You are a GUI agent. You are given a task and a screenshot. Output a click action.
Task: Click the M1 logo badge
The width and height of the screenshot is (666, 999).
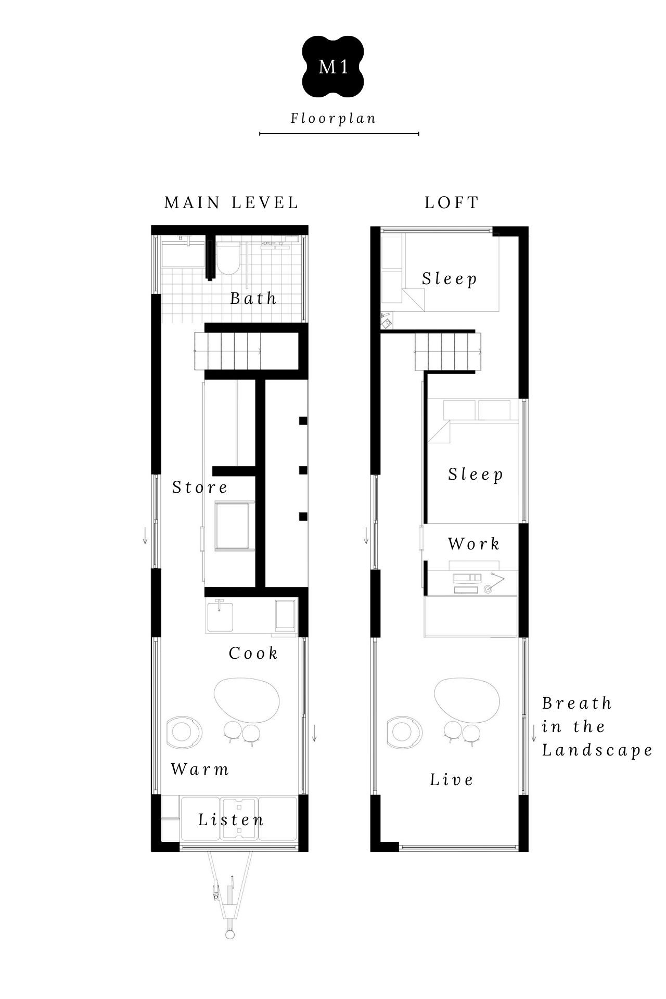(333, 67)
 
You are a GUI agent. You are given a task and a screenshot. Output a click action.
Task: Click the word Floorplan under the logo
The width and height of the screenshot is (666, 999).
(334, 119)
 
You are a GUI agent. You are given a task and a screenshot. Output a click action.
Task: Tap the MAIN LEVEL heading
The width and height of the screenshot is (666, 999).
(232, 203)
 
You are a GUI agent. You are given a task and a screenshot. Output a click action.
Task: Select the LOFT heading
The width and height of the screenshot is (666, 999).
(452, 203)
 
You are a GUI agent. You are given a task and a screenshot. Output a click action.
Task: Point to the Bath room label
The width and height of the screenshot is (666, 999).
(253, 298)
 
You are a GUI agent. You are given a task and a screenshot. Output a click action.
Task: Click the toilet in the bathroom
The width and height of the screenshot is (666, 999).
(227, 259)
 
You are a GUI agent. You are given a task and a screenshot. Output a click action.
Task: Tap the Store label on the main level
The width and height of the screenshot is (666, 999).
(200, 488)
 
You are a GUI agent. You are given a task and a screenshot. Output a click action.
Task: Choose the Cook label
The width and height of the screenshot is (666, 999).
(253, 654)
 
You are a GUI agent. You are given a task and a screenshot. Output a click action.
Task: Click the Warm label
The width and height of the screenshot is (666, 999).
(200, 769)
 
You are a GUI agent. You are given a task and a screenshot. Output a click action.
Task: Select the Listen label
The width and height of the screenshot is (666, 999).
(231, 820)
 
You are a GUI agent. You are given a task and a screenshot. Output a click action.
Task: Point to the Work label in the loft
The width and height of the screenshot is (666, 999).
(473, 544)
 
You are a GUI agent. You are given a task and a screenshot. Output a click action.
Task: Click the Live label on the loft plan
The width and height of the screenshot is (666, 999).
(452, 779)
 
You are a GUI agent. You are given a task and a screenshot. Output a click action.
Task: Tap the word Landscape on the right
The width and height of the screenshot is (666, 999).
(597, 750)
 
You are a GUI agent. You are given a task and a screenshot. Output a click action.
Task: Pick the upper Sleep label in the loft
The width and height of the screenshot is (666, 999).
(450, 279)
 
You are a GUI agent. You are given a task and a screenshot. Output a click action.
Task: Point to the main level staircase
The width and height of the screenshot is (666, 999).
(228, 352)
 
